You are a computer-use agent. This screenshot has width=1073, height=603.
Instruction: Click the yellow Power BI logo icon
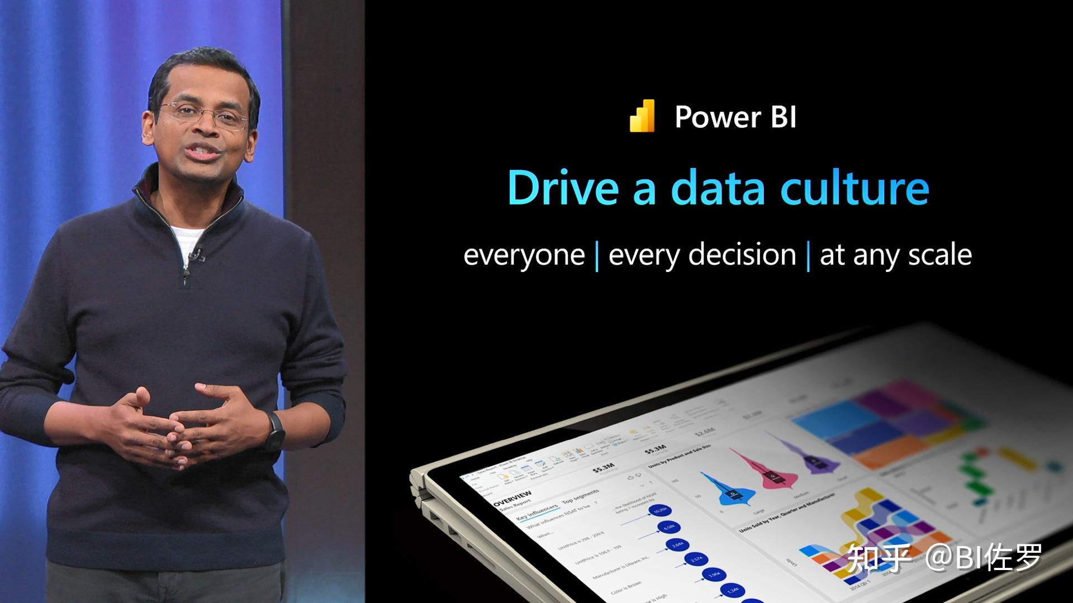[642, 116]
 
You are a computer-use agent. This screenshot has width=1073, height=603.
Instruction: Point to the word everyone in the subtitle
[524, 255]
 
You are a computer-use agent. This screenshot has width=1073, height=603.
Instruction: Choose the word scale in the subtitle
[940, 255]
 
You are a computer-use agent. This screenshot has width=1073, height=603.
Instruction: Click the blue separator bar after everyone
[597, 256]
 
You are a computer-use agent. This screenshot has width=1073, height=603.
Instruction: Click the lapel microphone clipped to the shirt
[195, 255]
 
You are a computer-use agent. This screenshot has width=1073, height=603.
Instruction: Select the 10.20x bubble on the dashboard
[661, 510]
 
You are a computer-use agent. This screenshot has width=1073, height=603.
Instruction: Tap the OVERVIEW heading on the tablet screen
[512, 498]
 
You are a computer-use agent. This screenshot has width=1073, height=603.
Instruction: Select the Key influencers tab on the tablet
[536, 511]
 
